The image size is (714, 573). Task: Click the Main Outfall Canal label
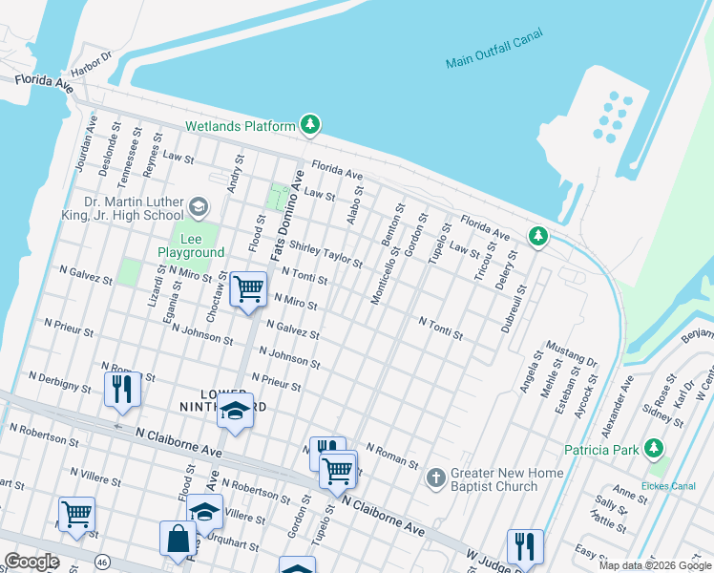pyautogui.click(x=493, y=50)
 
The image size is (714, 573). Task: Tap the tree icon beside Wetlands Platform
pyautogui.click(x=309, y=125)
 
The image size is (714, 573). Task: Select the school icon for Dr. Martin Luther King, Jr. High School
pyautogui.click(x=199, y=206)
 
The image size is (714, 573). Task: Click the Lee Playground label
pyautogui.click(x=191, y=245)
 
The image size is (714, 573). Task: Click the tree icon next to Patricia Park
pyautogui.click(x=654, y=448)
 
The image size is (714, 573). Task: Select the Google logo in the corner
pyautogui.click(x=31, y=562)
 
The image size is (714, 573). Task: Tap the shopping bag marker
pyautogui.click(x=178, y=539)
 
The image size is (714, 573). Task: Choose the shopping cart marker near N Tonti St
pyautogui.click(x=248, y=286)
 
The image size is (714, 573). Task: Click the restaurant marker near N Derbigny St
pyautogui.click(x=123, y=389)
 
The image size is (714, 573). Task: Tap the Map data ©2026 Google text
pyautogui.click(x=654, y=565)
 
